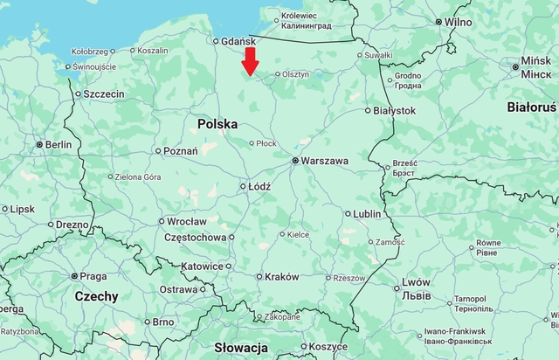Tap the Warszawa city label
click(x=325, y=161)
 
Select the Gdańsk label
click(x=238, y=40)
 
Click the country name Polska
click(x=217, y=124)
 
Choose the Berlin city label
click(x=59, y=144)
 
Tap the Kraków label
click(x=281, y=276)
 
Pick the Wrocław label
click(x=187, y=221)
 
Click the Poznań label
click(x=180, y=150)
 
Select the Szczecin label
click(x=104, y=93)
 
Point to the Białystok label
click(x=394, y=110)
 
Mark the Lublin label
click(x=368, y=213)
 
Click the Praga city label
click(x=93, y=276)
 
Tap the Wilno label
click(x=458, y=22)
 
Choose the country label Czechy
click(x=96, y=296)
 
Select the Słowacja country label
click(x=240, y=347)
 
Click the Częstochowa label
click(x=195, y=237)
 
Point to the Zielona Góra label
click(x=139, y=177)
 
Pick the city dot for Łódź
click(x=243, y=186)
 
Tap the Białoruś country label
click(x=531, y=107)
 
